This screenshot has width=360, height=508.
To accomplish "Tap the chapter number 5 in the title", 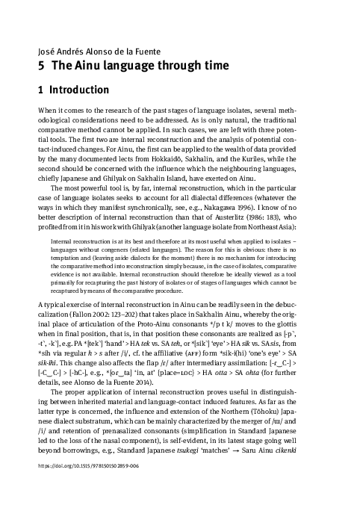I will (x=42, y=66).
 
